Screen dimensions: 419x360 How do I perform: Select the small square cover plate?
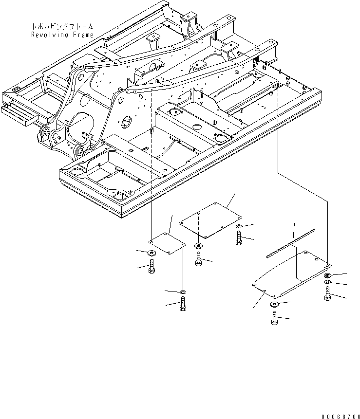[167, 243]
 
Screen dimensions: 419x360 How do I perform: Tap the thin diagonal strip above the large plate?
[290, 243]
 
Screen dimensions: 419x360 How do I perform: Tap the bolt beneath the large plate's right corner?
[327, 293]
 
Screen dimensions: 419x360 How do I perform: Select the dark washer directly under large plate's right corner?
[327, 276]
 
